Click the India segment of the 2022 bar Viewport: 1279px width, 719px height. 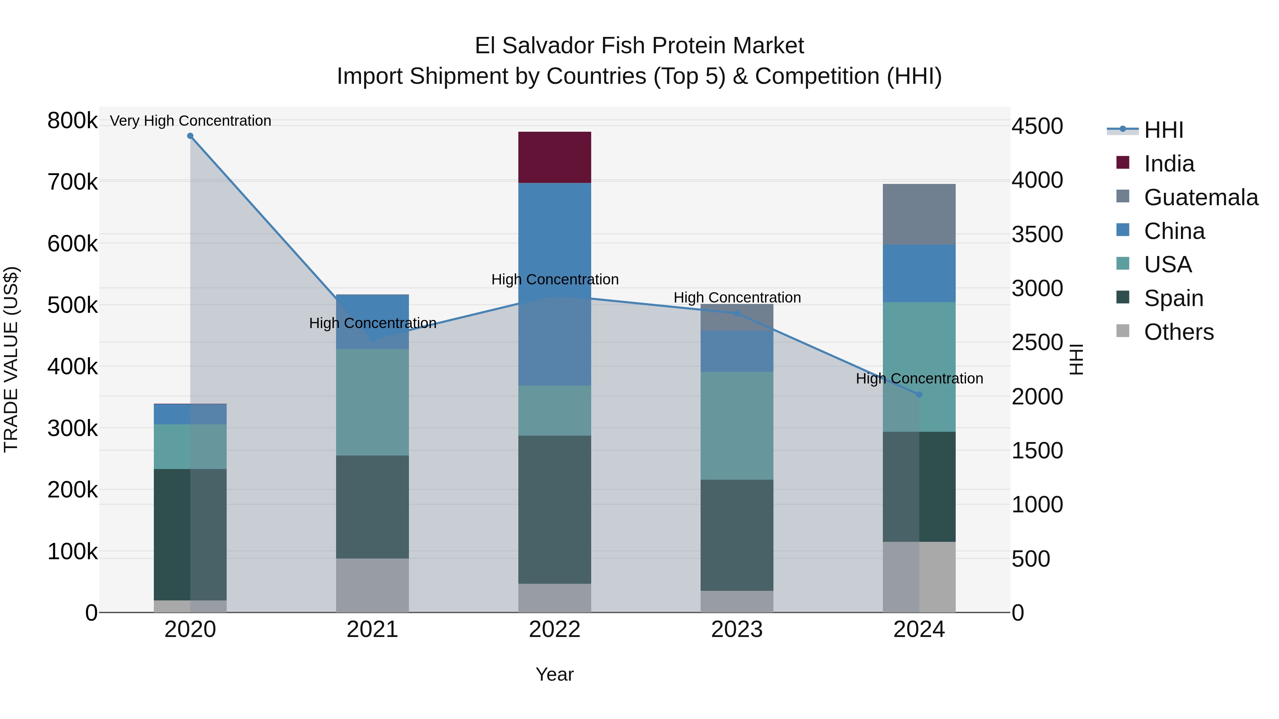pos(555,157)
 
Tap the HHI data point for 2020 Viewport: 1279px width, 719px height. pos(190,136)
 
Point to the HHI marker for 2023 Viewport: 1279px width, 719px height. pos(737,314)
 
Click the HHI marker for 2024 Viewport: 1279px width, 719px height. pos(919,394)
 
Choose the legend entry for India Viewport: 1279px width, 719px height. pos(1169,164)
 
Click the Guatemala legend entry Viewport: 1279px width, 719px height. pos(1200,197)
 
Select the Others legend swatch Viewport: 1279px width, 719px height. pos(1123,331)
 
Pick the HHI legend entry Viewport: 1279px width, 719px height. pos(1163,130)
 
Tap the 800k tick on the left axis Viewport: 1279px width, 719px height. pos(72,121)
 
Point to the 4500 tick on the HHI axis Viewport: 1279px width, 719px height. pos(1037,126)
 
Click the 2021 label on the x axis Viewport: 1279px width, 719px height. pos(372,630)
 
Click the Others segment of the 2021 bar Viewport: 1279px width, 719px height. pos(372,585)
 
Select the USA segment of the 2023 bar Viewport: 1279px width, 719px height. pos(737,425)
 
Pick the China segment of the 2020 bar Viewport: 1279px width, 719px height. pos(190,414)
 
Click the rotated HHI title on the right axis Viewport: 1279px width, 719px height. pos(1076,359)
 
